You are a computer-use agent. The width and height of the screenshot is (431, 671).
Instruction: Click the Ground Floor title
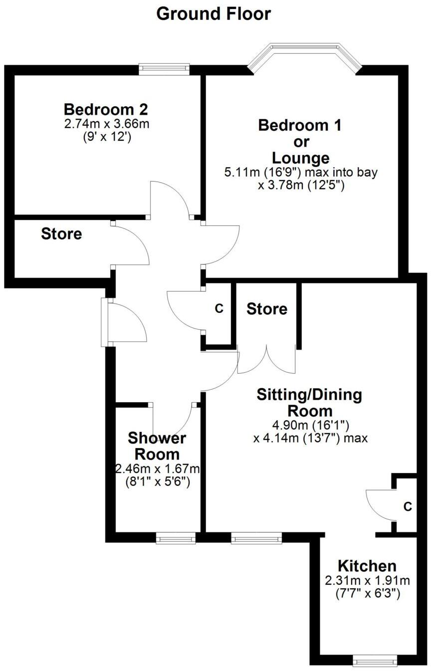tap(214, 13)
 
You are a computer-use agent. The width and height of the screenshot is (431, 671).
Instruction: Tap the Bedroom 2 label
tap(106, 109)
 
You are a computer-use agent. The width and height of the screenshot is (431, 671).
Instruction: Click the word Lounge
tap(301, 158)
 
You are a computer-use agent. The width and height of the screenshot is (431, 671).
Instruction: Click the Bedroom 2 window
tap(164, 69)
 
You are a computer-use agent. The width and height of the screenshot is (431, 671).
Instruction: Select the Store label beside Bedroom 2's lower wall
tap(61, 233)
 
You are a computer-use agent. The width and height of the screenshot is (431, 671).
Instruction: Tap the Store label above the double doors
tap(267, 309)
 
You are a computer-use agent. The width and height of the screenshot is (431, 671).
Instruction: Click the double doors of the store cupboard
tap(267, 359)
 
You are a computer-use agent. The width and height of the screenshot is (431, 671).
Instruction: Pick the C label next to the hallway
tap(219, 309)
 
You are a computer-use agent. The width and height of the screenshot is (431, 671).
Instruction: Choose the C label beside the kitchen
tap(408, 507)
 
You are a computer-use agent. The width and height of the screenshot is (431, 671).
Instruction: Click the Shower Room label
tap(157, 447)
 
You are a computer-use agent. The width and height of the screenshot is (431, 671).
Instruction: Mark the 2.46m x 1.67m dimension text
tap(158, 468)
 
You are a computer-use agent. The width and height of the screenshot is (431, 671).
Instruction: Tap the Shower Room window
tap(176, 537)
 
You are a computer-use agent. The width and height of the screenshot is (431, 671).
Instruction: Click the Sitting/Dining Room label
tap(309, 403)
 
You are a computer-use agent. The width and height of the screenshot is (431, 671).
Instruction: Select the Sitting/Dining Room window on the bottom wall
tap(256, 537)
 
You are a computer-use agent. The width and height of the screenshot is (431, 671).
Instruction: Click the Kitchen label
tap(367, 566)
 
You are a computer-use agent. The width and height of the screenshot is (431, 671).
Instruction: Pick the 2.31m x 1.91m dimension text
tap(367, 581)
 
